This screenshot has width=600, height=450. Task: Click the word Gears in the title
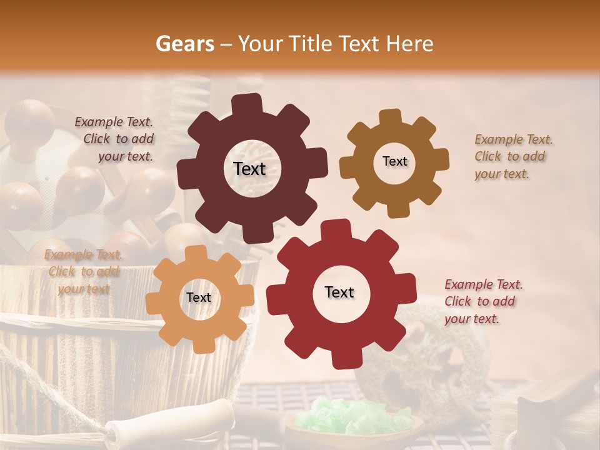click(185, 44)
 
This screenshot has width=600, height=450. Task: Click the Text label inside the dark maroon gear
click(249, 169)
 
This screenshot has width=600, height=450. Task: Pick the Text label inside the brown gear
click(394, 161)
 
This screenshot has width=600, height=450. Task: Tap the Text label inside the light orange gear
click(199, 297)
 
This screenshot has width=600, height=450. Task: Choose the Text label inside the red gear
click(339, 292)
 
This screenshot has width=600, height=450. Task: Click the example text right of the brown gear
click(512, 156)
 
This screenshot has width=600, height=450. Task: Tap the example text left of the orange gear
click(84, 271)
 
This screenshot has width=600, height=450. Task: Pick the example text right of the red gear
click(482, 301)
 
